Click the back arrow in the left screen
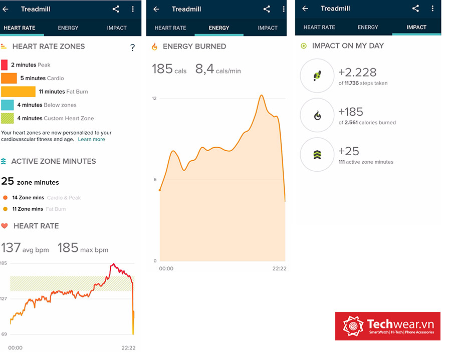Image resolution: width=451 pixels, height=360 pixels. pos(6,9)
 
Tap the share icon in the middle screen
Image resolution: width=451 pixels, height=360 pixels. pos(267,9)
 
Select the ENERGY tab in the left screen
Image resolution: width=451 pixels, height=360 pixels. pos(68,28)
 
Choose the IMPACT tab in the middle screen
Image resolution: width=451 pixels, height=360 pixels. pos(268,28)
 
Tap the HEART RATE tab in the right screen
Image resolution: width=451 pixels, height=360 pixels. pos(319,28)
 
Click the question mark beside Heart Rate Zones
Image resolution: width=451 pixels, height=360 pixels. pos(132,48)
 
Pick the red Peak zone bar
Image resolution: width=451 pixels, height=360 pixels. pos(4,65)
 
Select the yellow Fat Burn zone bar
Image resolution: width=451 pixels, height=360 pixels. pos(18,92)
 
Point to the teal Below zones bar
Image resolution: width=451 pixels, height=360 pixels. pos(8,105)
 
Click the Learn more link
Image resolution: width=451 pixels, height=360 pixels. pos(91,139)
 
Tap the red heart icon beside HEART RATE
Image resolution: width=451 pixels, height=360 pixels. pos(5,226)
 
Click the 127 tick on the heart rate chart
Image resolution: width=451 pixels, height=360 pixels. pos(4,299)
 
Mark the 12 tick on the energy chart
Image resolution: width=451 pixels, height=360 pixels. pos(154,99)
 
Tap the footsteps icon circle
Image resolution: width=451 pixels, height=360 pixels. pos(317,76)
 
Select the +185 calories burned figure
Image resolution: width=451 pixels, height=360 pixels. pos(351,112)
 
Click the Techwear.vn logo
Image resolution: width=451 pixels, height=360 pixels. pos(388,326)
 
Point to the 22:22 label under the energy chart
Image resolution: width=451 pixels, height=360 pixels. pos(279,269)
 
